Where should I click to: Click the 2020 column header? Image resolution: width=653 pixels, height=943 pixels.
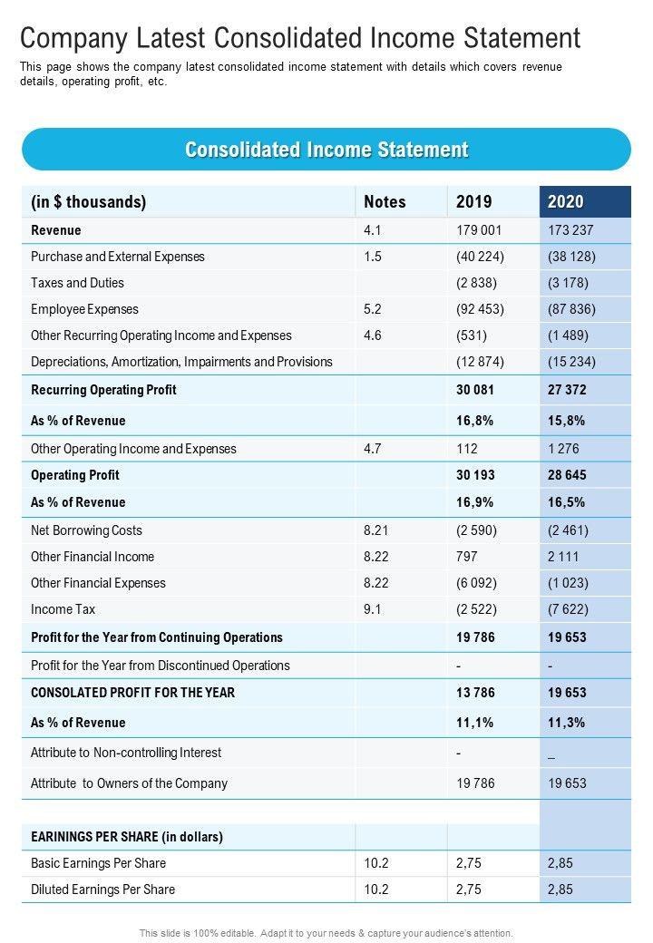[566, 202]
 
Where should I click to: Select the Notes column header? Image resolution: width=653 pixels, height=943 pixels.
[385, 202]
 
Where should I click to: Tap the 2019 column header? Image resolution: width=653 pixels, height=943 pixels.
[473, 202]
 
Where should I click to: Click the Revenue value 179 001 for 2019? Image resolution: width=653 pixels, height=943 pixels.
[479, 230]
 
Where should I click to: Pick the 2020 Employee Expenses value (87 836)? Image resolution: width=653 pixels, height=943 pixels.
[571, 309]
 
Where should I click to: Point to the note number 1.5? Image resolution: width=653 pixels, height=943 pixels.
[373, 257]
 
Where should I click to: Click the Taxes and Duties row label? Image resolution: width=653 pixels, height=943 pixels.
[77, 283]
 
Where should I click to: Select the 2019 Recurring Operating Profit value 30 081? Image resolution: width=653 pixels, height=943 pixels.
[475, 390]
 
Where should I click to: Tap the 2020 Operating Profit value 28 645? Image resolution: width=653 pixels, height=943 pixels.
[567, 475]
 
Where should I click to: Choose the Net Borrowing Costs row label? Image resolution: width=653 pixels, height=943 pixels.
[86, 530]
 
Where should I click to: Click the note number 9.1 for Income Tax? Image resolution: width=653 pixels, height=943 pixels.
[373, 609]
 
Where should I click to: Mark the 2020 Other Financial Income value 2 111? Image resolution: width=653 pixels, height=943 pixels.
[563, 557]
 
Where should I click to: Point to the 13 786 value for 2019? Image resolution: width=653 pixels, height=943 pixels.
[475, 693]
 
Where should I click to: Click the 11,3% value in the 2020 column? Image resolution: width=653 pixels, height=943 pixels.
[566, 723]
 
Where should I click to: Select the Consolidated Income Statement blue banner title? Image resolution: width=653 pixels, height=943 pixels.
[326, 150]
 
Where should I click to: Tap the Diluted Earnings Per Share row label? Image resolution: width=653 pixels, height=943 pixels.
[102, 890]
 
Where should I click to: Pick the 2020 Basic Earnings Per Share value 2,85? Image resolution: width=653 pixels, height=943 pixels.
[560, 863]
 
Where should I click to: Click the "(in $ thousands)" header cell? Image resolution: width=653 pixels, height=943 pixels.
[88, 202]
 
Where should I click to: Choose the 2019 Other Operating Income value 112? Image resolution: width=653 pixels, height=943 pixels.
[466, 449]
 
